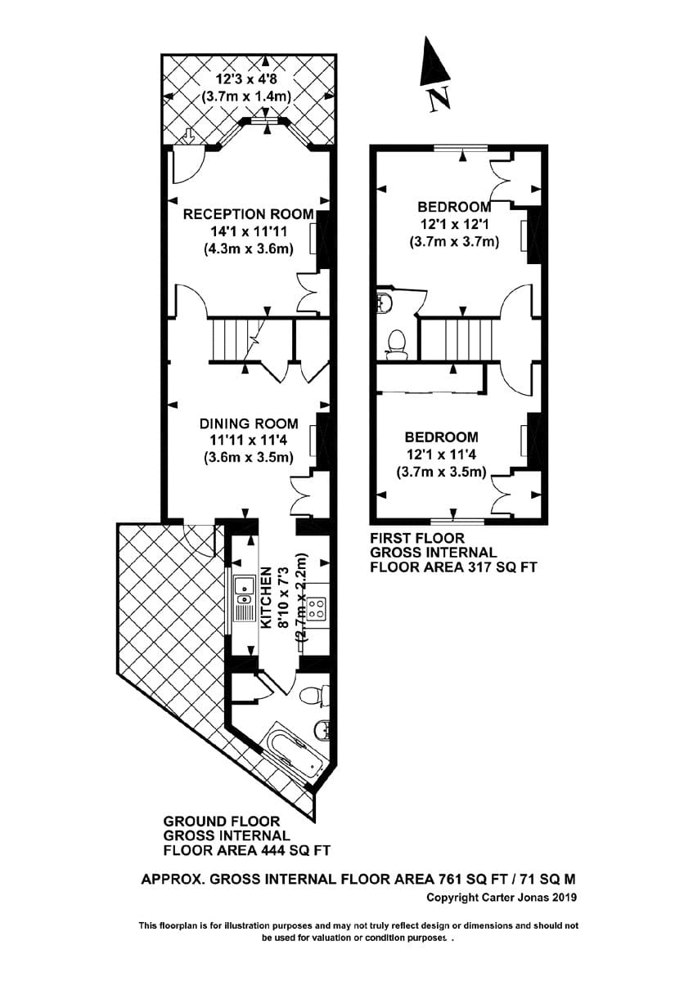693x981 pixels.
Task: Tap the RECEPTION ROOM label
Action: [x=248, y=214]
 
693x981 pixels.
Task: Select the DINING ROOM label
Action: [x=249, y=423]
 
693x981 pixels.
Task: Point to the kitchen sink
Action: [x=244, y=585]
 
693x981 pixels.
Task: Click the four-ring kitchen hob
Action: [x=317, y=608]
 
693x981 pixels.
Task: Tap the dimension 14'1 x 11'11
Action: [x=248, y=232]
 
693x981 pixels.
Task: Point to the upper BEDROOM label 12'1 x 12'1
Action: [x=454, y=206]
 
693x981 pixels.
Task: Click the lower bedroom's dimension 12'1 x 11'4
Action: [x=442, y=455]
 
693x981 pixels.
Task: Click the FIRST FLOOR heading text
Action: [x=417, y=538]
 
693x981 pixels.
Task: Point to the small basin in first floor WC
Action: [x=385, y=303]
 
